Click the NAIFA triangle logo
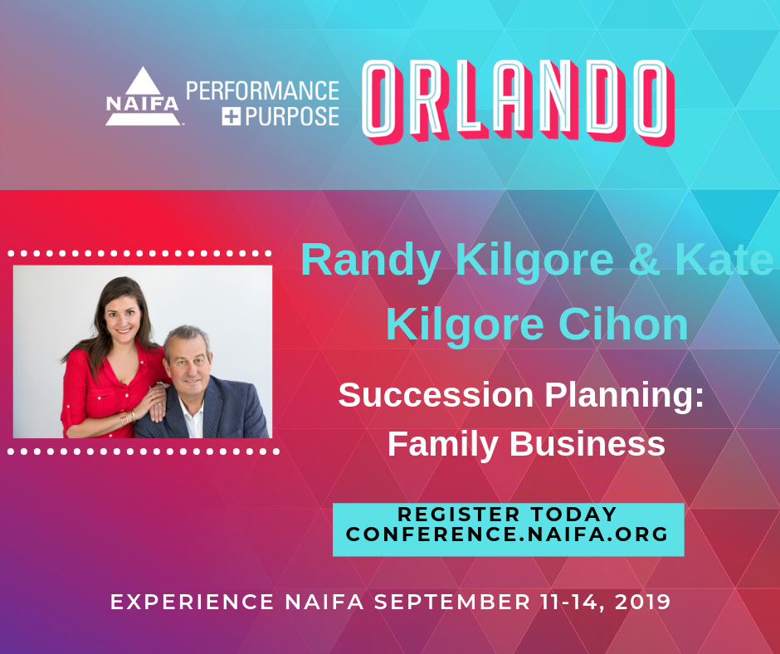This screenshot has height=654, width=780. tap(143, 96)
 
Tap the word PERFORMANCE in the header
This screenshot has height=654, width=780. tap(263, 91)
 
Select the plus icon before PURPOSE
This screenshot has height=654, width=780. tap(231, 117)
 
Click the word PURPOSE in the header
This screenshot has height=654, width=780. tap(292, 116)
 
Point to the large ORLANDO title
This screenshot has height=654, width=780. tap(518, 101)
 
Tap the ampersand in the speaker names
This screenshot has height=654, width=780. tap(644, 259)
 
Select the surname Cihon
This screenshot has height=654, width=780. tap(623, 324)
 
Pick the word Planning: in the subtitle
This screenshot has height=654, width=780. tap(625, 398)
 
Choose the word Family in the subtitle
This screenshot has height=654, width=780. tap(443, 445)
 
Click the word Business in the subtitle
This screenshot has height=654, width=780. tap(587, 443)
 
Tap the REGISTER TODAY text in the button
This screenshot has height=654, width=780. tap(507, 514)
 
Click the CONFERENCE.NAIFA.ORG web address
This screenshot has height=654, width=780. tap(507, 534)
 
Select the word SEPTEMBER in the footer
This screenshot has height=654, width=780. tap(452, 602)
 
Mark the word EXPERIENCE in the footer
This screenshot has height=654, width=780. tap(192, 602)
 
